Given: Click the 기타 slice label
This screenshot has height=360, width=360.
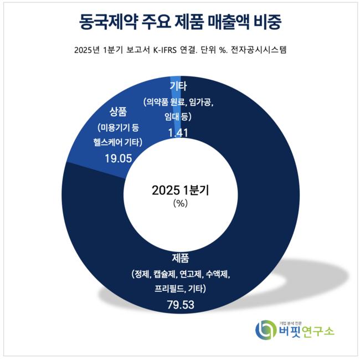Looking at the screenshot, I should [178, 86].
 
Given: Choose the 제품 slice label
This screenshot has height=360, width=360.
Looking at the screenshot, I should [181, 258].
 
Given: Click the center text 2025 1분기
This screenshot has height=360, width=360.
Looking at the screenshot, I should [181, 190].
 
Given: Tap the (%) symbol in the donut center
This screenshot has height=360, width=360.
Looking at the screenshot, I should [181, 203].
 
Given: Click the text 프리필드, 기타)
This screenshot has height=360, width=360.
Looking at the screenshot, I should [181, 289].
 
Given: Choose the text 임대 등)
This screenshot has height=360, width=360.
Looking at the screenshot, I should [178, 117].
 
